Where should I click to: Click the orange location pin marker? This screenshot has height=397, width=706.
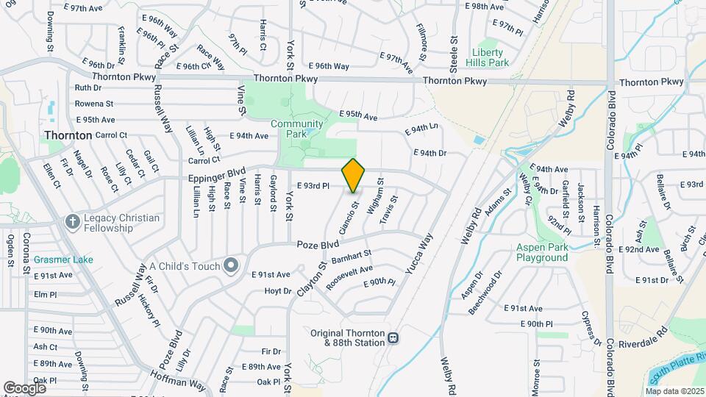354,175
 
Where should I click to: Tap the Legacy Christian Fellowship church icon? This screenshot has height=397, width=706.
72,221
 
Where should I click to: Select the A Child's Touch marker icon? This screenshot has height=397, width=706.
231,264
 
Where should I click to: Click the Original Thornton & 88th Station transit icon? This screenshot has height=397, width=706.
394,338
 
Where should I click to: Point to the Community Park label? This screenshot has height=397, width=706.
296,129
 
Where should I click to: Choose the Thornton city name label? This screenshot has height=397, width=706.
68,135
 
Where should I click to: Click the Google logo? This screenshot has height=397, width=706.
25,387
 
